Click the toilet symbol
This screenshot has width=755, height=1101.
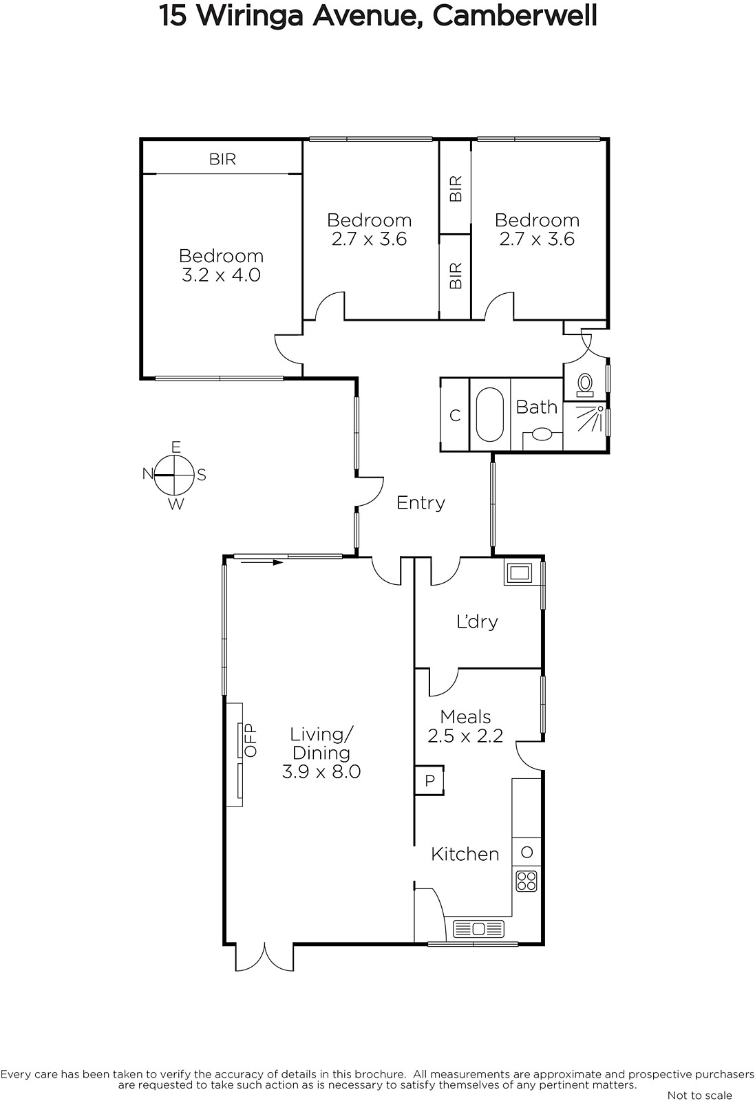click(x=585, y=385)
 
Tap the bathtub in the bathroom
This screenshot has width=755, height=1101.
click(x=489, y=415)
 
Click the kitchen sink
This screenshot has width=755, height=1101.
click(x=478, y=928)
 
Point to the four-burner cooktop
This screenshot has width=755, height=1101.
click(x=527, y=881)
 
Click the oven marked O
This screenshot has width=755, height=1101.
click(x=527, y=852)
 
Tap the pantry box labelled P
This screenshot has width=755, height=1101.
click(x=429, y=780)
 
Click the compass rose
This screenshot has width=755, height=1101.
click(x=174, y=475)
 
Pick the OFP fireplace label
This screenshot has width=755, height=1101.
click(x=251, y=740)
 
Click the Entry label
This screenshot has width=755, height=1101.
click(x=421, y=503)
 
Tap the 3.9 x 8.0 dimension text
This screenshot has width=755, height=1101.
click(x=321, y=771)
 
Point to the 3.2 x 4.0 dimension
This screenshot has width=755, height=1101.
click(x=221, y=275)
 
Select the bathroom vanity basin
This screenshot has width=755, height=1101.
click(x=542, y=434)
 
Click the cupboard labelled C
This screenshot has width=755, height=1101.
click(x=455, y=416)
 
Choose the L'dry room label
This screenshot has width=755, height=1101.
click(x=477, y=622)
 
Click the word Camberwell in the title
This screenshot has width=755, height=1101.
click(x=515, y=16)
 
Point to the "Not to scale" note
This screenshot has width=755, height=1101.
click(x=699, y=1095)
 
